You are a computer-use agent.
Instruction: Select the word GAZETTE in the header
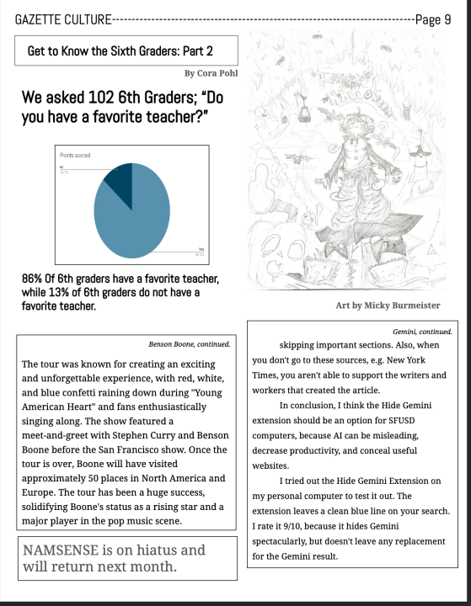point(37,19)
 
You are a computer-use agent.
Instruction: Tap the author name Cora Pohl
point(217,73)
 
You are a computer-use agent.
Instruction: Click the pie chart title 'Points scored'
point(75,156)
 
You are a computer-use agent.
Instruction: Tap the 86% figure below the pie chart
point(34,279)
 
